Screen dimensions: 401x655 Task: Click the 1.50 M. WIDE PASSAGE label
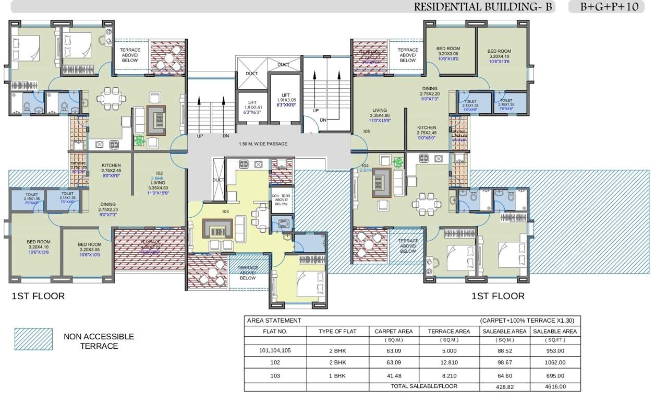tap(263, 144)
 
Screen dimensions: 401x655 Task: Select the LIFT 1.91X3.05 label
tap(285, 100)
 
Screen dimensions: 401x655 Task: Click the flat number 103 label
tap(225, 212)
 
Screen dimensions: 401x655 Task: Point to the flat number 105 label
tap(366, 132)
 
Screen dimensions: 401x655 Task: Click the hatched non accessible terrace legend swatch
tap(33, 339)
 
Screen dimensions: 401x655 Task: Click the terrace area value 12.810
tap(448, 362)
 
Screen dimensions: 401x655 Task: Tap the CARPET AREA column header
tap(393, 331)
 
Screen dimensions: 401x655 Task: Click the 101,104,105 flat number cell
tap(275, 351)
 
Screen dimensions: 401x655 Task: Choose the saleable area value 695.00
tap(554, 375)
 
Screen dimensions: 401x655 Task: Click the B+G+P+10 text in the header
tap(609, 7)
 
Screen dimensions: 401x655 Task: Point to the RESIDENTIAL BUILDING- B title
tap(482, 7)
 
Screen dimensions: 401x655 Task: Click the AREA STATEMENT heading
tap(274, 321)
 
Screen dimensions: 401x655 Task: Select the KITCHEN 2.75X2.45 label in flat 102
tap(111, 168)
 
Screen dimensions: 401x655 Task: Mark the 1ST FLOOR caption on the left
tap(38, 296)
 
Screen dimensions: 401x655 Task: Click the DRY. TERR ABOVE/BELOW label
tap(281, 200)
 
